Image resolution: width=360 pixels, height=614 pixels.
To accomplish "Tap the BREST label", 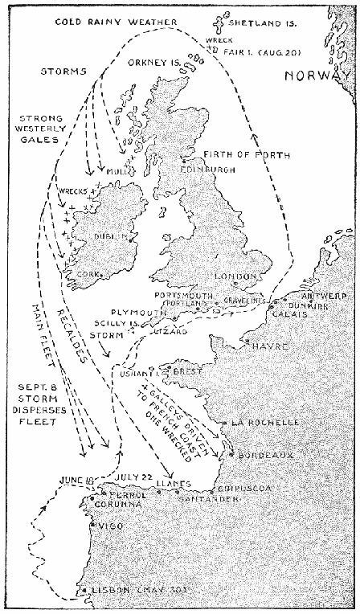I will (187, 372).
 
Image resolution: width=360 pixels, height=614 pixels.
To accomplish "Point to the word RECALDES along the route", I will (86, 338).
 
